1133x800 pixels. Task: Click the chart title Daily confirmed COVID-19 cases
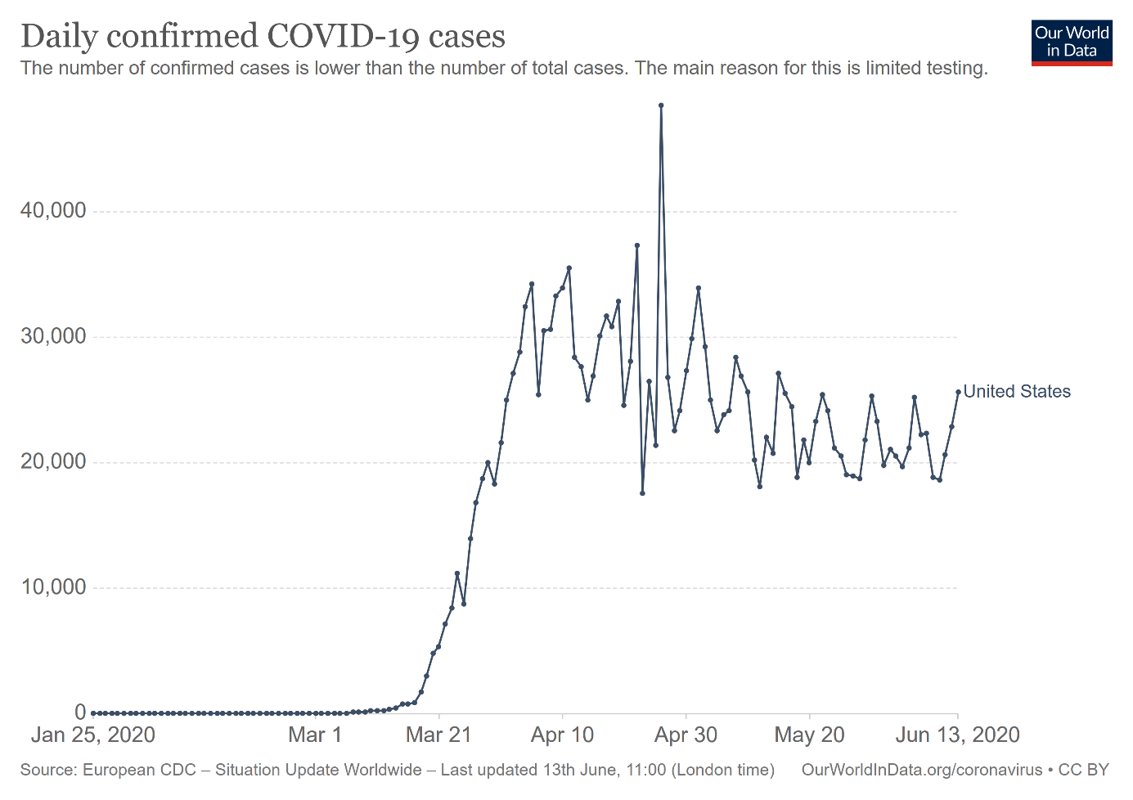tap(263, 37)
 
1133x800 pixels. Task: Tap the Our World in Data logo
tap(1071, 43)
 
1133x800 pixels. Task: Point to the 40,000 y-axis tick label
tap(53, 211)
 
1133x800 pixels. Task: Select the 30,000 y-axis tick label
tap(53, 336)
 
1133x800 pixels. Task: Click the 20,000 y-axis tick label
tap(53, 462)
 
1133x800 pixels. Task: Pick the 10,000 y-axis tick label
tap(53, 587)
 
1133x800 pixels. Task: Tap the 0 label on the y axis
tap(79, 713)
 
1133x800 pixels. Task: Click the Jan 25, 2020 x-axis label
tap(93, 735)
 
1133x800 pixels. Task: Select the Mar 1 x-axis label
tap(315, 735)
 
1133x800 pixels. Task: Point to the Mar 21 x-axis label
tap(438, 735)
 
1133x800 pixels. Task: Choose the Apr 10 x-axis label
tap(563, 735)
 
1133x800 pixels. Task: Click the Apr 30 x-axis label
tap(686, 735)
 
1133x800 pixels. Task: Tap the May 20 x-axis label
tap(809, 735)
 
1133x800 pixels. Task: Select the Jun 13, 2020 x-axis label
tap(957, 735)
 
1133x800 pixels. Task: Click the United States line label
tap(1017, 392)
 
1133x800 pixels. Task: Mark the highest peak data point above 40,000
tap(661, 106)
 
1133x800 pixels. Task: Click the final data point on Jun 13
tap(958, 392)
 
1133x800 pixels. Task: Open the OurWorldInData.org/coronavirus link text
tap(921, 770)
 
